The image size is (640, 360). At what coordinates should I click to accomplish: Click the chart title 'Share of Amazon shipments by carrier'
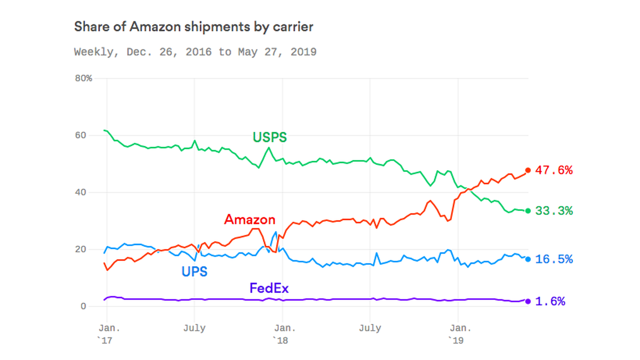pos(193,27)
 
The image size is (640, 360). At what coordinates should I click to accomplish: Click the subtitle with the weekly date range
pos(195,52)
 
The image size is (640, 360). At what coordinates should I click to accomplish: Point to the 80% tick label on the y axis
pos(83,78)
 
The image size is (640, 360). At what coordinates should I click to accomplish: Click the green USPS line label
pos(269,137)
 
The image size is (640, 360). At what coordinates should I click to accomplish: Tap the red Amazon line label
pos(250,219)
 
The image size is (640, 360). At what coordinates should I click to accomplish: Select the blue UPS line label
pos(194,271)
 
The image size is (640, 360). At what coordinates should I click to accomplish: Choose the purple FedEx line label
pos(269,287)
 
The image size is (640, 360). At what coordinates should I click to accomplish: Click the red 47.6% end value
pos(554,170)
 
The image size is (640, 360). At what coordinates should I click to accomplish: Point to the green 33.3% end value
pos(554,211)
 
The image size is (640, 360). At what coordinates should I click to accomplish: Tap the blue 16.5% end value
pos(554,259)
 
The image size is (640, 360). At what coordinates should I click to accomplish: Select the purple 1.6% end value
pos(550,301)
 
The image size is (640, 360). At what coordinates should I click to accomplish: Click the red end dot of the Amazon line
pos(528,170)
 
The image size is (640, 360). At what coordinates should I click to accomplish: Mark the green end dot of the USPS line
pos(528,211)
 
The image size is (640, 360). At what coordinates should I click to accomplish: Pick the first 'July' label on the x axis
pos(194,328)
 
